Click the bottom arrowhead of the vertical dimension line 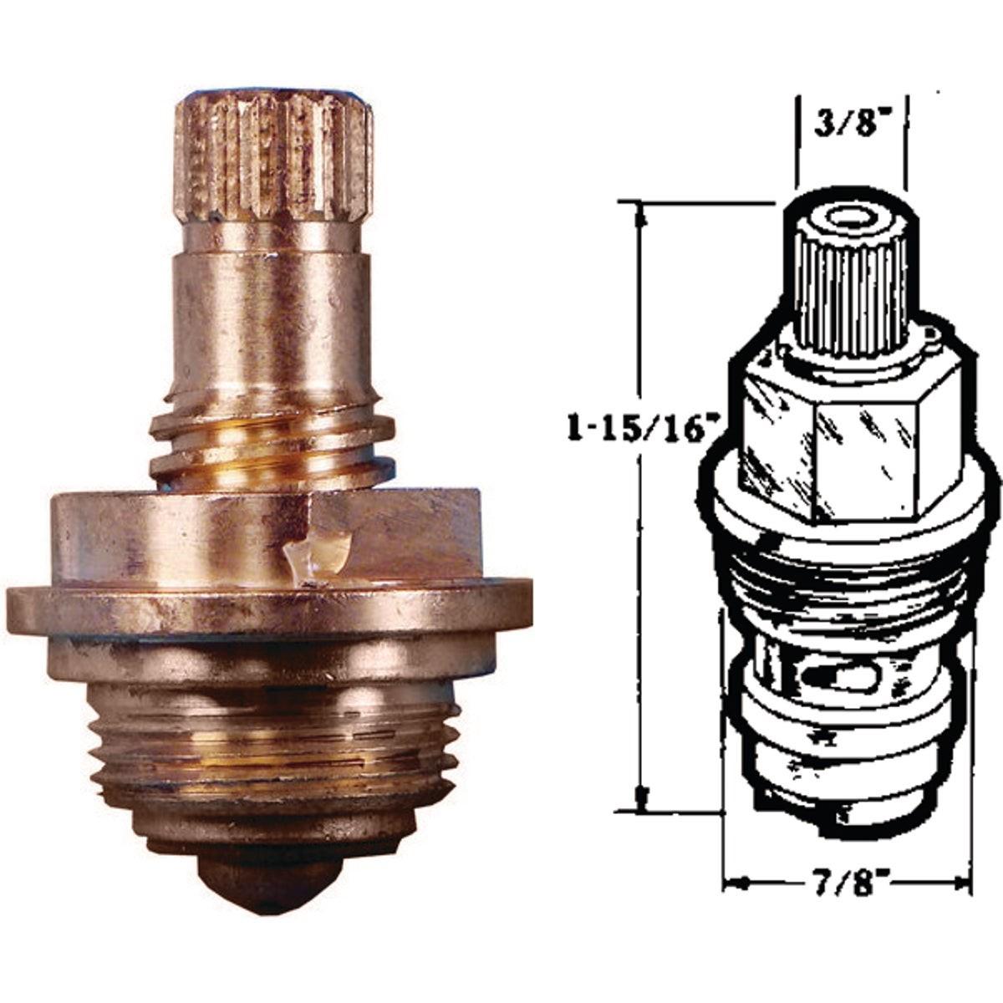(642, 801)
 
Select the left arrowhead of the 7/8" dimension (731, 882)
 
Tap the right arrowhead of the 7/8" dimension (961, 882)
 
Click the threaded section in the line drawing (844, 577)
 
